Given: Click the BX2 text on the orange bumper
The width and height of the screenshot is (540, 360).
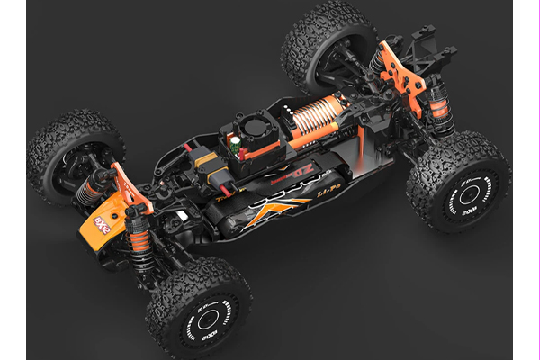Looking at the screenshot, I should coord(101,224).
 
